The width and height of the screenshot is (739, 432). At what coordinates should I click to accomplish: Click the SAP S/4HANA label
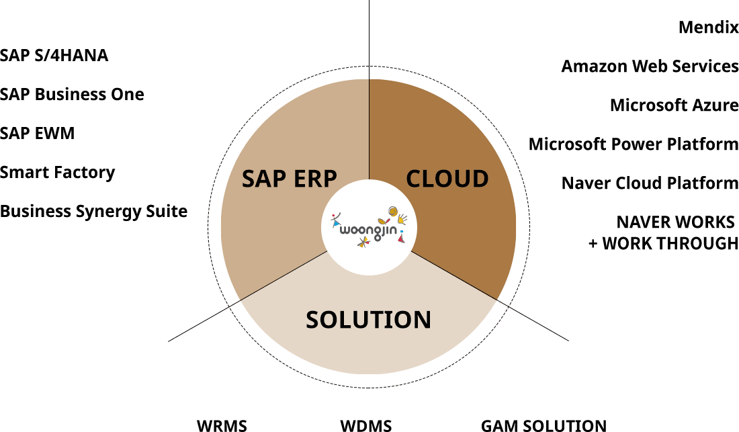pos(54,55)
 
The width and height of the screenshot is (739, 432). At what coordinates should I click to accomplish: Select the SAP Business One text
pos(72,94)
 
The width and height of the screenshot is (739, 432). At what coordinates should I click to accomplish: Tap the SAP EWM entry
pos(37,133)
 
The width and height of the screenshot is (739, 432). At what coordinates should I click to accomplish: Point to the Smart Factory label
pos(57,172)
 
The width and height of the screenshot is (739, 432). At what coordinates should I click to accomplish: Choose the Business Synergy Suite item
pos(93,211)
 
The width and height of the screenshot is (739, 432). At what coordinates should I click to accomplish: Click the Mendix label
pos(708,28)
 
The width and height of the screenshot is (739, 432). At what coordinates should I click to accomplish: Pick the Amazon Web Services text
pos(650,67)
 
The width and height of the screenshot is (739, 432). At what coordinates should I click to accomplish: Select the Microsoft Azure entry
pos(674,105)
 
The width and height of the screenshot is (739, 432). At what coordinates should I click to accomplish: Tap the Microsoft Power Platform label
pos(633,144)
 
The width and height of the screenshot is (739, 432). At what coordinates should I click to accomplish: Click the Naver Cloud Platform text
pos(650,183)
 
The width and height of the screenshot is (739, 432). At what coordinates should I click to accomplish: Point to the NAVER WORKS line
pos(676,222)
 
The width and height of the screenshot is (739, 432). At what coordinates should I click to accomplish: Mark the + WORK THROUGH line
pos(663,243)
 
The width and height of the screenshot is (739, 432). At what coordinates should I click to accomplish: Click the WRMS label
pos(222,425)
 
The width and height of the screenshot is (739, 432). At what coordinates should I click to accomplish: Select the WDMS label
pos(365,425)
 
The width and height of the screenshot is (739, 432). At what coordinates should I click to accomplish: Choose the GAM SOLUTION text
pos(544,425)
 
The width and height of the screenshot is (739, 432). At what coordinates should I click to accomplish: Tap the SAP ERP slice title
pos(289,179)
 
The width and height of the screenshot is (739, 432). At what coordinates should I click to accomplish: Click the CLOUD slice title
pos(447,179)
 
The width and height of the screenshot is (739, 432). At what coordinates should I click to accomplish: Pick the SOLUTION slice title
pos(368,320)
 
